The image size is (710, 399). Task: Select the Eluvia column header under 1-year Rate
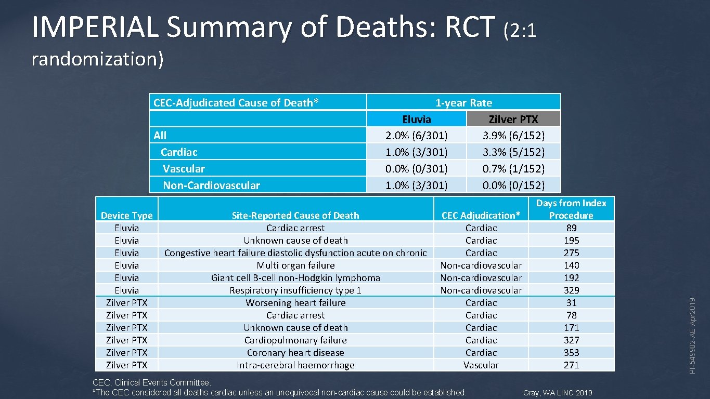coord(417,119)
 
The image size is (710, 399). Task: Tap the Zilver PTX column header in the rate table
coord(513,119)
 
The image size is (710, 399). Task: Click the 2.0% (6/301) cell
coord(417,136)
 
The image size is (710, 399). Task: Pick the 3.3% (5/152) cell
coord(513,152)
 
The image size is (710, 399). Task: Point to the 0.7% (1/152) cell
coord(513,169)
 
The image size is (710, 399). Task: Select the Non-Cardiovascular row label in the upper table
coord(211,185)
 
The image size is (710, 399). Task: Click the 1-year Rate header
coord(463,102)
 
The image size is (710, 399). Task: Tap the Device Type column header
coord(126,215)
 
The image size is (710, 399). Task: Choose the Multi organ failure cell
coord(295,265)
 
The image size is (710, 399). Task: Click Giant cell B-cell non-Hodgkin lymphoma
coord(295,278)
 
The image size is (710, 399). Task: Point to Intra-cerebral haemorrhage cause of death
coord(295,365)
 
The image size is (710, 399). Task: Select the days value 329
coord(571,290)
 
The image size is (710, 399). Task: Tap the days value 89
coord(571,228)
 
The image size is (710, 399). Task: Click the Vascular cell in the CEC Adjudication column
coord(481,365)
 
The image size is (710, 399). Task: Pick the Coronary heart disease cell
coord(295,353)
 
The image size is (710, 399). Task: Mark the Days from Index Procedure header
coord(571,209)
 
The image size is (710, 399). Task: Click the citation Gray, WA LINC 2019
coord(558,393)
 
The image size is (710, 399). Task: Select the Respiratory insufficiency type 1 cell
coord(295,290)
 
